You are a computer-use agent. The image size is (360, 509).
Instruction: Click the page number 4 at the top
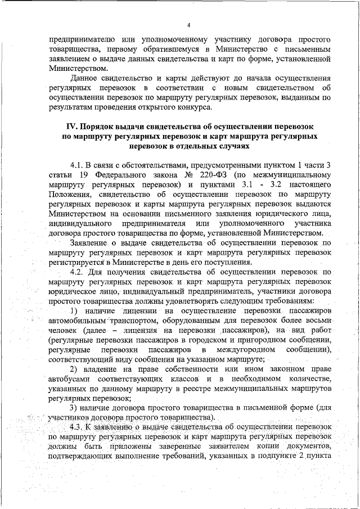click(x=189, y=25)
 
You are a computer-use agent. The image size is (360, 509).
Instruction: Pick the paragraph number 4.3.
click(x=78, y=429)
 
